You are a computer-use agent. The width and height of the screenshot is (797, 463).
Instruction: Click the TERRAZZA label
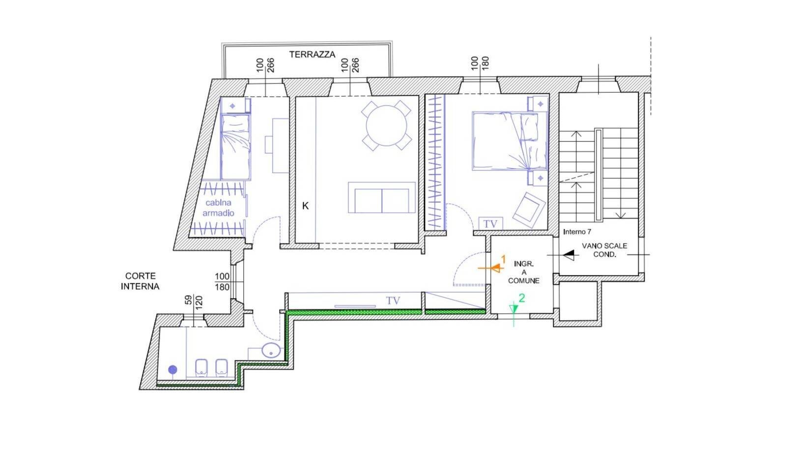312,54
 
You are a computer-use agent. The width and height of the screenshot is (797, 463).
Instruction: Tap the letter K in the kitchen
305,206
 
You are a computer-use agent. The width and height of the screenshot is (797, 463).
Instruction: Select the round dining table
386,126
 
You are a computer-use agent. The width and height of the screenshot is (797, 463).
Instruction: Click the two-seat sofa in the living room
381,197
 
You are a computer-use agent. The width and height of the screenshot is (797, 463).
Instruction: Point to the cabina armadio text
218,208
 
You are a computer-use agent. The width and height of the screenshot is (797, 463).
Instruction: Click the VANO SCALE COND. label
604,250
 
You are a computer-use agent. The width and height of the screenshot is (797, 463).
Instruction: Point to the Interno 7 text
577,231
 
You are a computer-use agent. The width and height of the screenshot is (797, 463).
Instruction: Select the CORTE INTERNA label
140,281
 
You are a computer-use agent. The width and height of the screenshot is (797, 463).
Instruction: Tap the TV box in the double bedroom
490,224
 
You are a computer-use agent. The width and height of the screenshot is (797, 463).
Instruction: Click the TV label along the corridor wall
393,300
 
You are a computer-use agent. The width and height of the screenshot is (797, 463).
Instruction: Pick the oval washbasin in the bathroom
271,351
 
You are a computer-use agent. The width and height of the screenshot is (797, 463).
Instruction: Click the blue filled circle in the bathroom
172,370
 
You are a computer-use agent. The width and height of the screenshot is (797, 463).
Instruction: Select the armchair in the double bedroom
529,209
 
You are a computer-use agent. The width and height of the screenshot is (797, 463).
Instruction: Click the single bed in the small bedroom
235,147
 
